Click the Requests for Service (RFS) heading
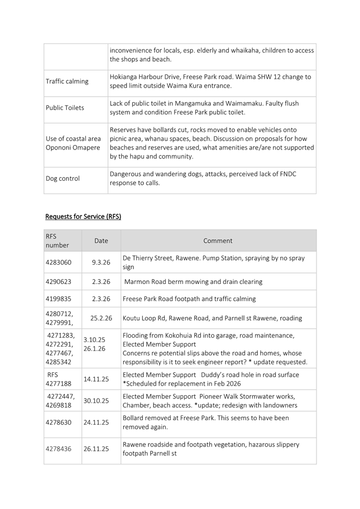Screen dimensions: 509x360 pos(83,217)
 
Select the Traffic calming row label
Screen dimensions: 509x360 pos(67,81)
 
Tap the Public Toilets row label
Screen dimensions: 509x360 pos(66,108)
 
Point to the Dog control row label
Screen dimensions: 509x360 pos(63,179)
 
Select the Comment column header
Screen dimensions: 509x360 pos(218,241)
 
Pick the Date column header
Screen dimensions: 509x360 pos(101,241)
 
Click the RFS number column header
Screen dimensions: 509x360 pos(57,241)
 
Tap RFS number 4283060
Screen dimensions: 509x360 pos(59,262)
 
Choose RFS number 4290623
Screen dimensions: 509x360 pos(59,282)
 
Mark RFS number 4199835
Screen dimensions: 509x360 pos(59,299)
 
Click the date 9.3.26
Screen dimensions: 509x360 pos(101,262)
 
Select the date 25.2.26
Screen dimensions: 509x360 pos(101,318)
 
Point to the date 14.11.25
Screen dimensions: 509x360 pos(97,378)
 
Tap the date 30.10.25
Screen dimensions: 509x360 pos(97,400)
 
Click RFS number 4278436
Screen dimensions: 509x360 pos(59,449)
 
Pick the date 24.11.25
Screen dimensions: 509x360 pos(97,422)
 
